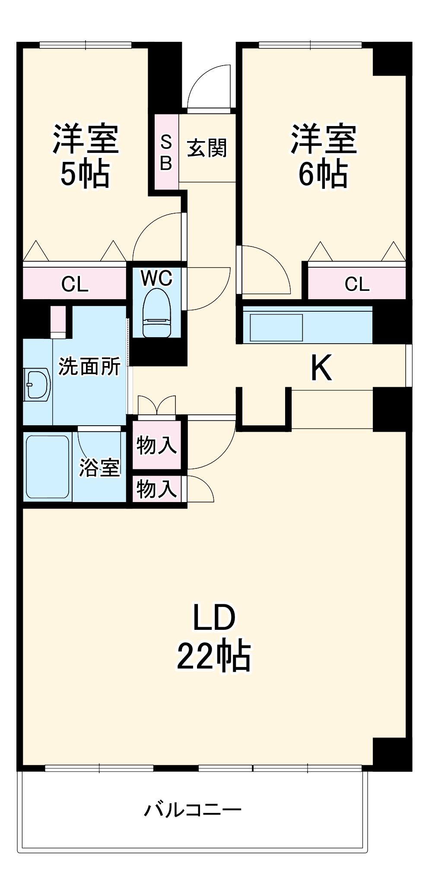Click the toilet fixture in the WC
[x=156, y=313]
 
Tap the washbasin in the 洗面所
[x=37, y=384]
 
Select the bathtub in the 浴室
[x=48, y=467]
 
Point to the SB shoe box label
[x=166, y=152]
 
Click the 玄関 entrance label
[x=207, y=148]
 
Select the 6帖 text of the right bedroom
[x=323, y=174]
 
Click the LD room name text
[x=214, y=617]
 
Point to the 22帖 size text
[x=214, y=656]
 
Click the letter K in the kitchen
[x=321, y=368]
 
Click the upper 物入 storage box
[x=156, y=445]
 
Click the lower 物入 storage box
[x=156, y=489]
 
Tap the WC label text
[x=156, y=278]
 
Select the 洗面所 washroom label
[x=89, y=367]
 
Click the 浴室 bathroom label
[x=99, y=467]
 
